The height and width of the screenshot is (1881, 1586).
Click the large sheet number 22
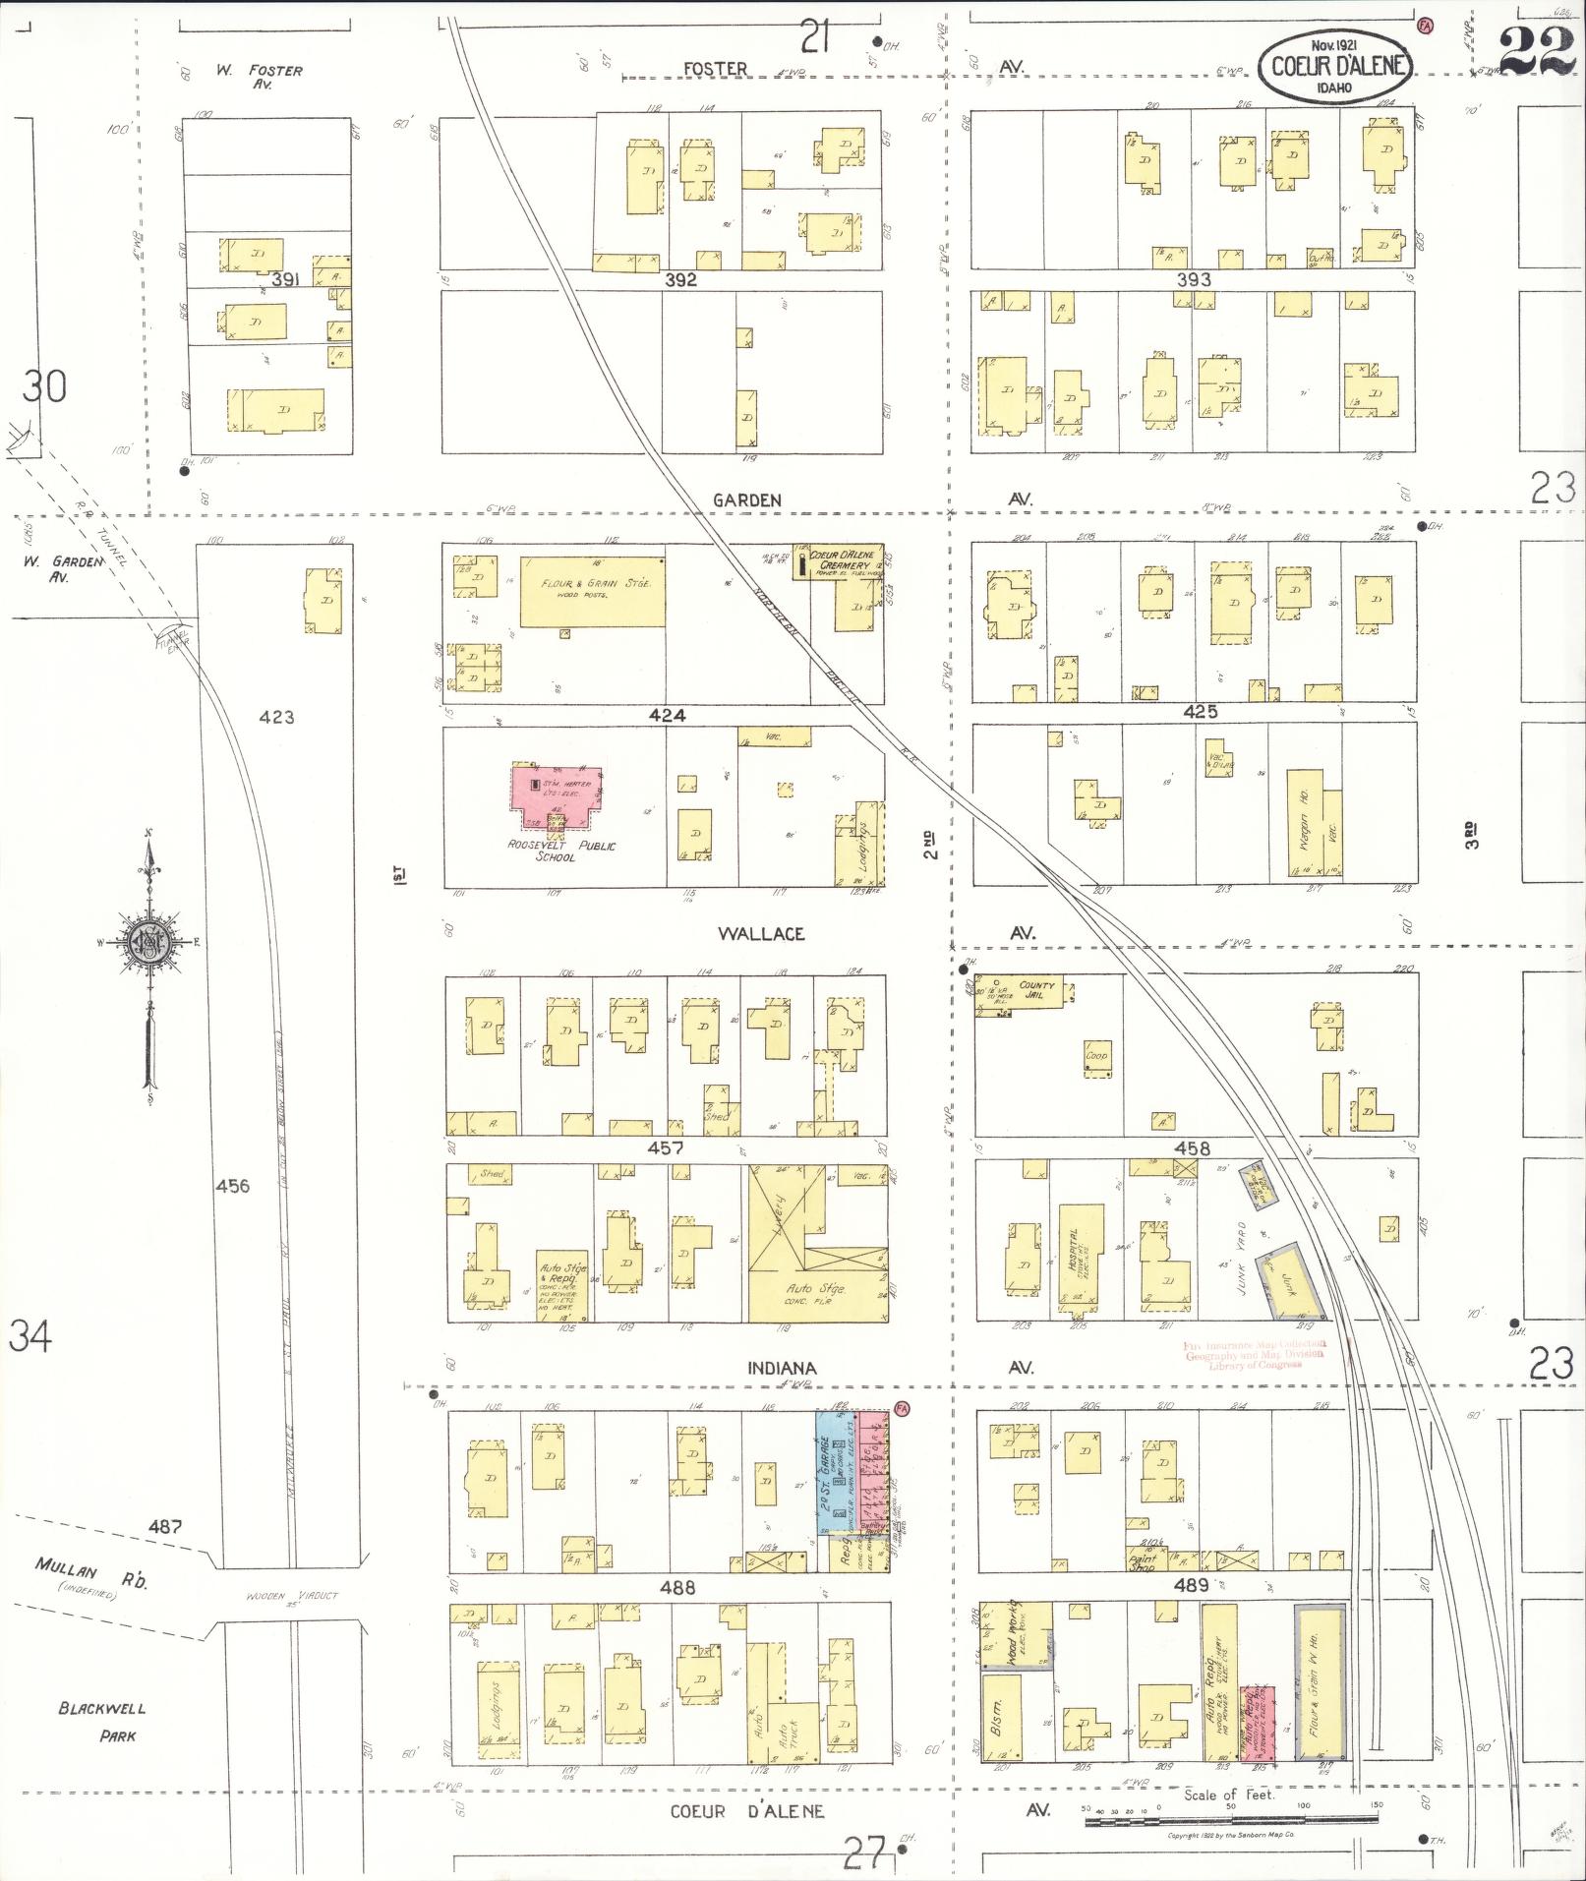[x=1539, y=51]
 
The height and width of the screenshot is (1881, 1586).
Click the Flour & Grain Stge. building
[x=593, y=590]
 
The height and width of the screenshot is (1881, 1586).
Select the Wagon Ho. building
[x=1303, y=824]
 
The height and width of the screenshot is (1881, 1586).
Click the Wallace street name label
[x=761, y=933]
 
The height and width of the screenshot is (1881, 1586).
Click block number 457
[x=666, y=1147]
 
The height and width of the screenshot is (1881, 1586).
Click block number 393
[x=1194, y=279]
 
